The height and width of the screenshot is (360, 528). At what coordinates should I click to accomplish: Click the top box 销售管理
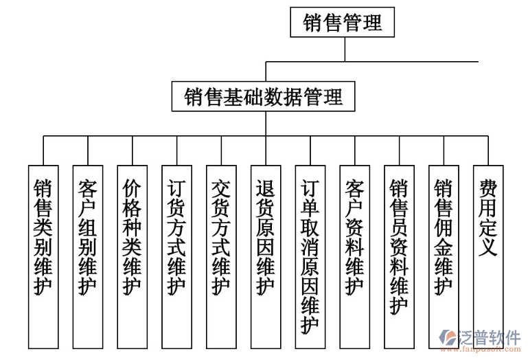click(342, 23)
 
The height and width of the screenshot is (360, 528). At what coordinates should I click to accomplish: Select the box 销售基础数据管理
click(264, 97)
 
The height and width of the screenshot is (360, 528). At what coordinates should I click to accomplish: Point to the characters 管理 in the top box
click(362, 23)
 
